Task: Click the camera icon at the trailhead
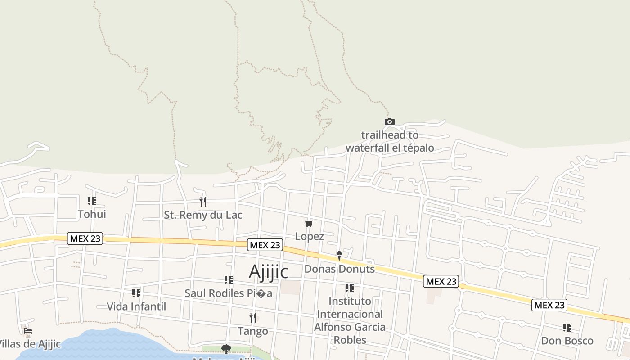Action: click(390, 121)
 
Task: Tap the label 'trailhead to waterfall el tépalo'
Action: click(390, 141)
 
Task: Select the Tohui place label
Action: click(92, 214)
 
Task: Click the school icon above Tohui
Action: click(92, 201)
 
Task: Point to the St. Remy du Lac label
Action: click(203, 215)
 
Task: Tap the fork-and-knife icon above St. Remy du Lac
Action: click(203, 201)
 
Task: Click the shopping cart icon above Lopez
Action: click(309, 223)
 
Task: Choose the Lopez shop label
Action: click(310, 236)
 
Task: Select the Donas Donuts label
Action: click(340, 269)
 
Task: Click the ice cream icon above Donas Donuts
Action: click(339, 255)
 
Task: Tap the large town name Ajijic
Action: click(268, 272)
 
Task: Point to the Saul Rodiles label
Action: click(229, 293)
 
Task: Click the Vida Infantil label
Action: click(136, 306)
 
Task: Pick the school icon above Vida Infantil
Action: click(136, 293)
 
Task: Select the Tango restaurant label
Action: click(253, 331)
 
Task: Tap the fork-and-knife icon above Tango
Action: click(253, 318)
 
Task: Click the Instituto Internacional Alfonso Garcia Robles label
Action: click(350, 320)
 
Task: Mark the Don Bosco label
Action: click(567, 341)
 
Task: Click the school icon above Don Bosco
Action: click(567, 327)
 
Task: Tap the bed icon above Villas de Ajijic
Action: click(28, 331)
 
